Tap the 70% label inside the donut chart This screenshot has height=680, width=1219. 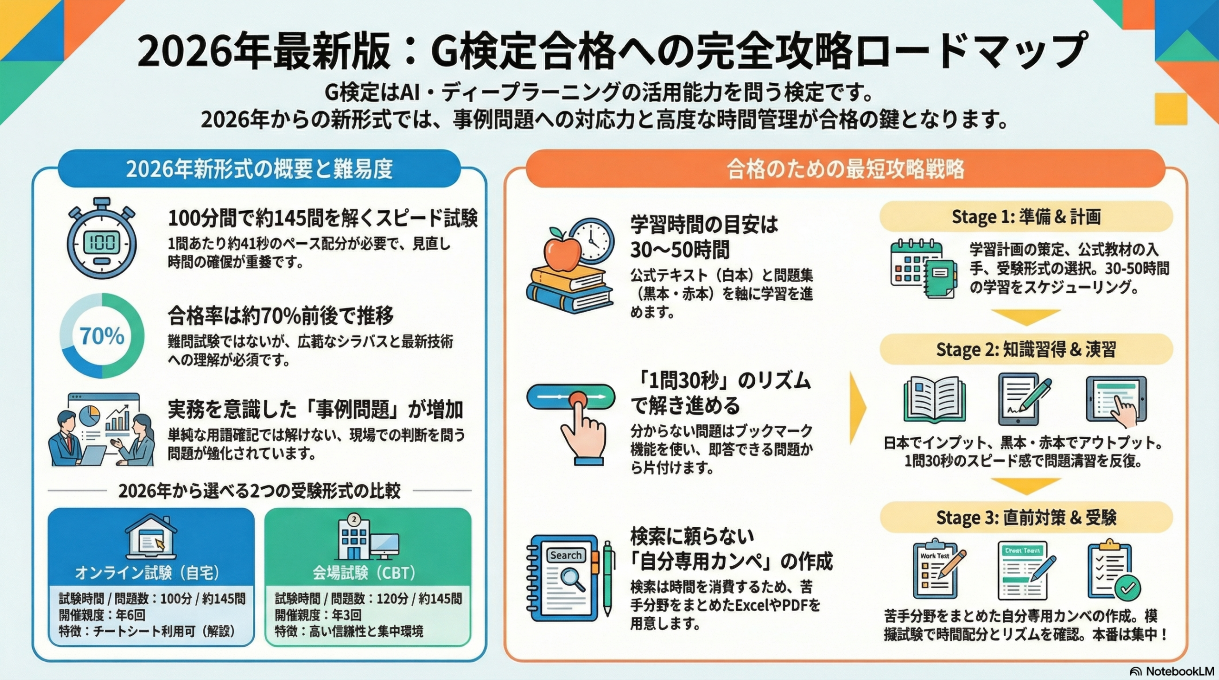(x=101, y=336)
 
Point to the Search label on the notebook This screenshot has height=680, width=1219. (x=566, y=555)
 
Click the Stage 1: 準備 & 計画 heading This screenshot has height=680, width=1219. (x=1026, y=217)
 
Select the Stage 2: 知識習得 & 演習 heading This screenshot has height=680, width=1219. (x=1026, y=350)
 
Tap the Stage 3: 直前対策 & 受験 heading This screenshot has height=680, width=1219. (x=1026, y=518)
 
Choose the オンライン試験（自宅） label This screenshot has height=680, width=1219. (x=147, y=573)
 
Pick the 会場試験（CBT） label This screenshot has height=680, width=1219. (x=364, y=573)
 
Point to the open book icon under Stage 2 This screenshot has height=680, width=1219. (x=934, y=400)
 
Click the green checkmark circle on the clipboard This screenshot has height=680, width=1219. (x=1128, y=589)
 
